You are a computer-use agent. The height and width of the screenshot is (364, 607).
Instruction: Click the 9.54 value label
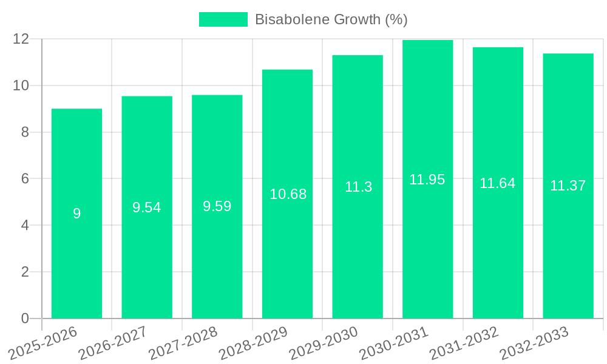pos(147,207)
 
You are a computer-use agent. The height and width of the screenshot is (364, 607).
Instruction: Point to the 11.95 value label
pos(427,180)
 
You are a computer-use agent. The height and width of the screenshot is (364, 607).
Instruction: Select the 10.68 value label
pos(288,194)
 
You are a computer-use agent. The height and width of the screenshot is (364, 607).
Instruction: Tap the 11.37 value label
pos(568,186)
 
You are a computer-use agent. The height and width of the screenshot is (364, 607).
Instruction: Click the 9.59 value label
pos(217,206)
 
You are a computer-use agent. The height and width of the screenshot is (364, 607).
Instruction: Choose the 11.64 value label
pos(498,183)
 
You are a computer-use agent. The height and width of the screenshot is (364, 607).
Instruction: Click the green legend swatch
pos(223,19)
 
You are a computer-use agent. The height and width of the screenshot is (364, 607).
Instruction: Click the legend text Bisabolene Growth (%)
pos(331,19)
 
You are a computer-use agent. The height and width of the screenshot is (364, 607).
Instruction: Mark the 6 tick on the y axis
pos(25,179)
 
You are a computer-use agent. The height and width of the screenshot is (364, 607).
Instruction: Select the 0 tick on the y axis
pos(25,318)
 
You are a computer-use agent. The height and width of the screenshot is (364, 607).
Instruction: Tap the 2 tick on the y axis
pos(25,272)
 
